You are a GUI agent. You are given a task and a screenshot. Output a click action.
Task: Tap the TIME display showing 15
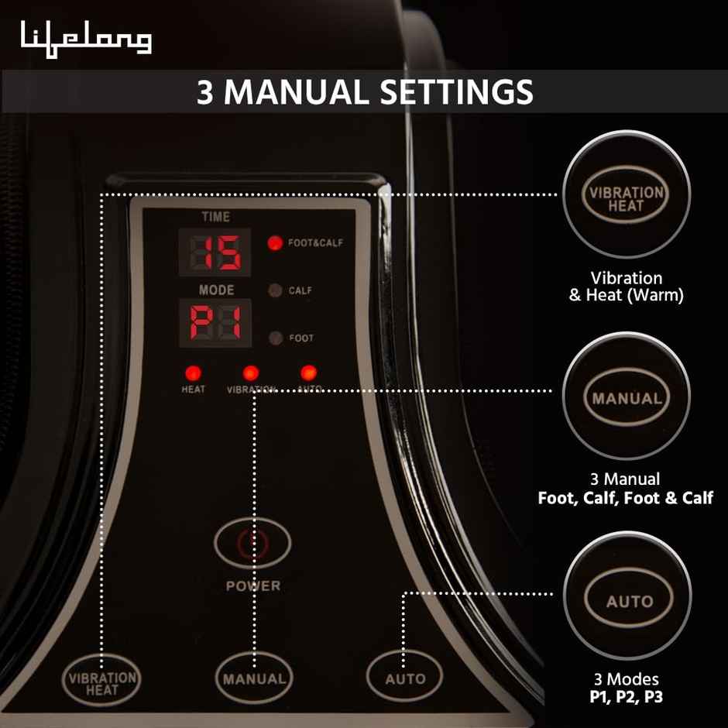point(215,252)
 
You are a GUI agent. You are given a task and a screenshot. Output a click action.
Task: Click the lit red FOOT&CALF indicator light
point(274,242)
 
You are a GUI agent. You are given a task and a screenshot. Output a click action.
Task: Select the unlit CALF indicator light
point(274,290)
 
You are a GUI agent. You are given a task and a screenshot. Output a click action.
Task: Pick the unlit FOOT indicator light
point(274,338)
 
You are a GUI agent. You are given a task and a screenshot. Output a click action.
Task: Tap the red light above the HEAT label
point(193,373)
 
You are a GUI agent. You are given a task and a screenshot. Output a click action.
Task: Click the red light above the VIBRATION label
point(251,373)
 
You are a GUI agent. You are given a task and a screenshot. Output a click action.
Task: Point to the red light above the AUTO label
point(308,373)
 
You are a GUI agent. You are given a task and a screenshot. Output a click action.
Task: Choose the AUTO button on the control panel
point(405,678)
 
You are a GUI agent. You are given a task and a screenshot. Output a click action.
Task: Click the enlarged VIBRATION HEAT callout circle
point(626,198)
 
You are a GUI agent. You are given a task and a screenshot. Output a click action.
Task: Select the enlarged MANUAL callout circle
point(626,400)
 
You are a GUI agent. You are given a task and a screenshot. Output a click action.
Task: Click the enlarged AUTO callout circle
point(628,601)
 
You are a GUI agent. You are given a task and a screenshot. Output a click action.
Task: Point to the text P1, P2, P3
point(626,696)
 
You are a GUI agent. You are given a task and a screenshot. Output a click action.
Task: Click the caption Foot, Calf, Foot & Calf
point(626,498)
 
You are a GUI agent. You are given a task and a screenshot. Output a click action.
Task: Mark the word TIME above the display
point(215,218)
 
